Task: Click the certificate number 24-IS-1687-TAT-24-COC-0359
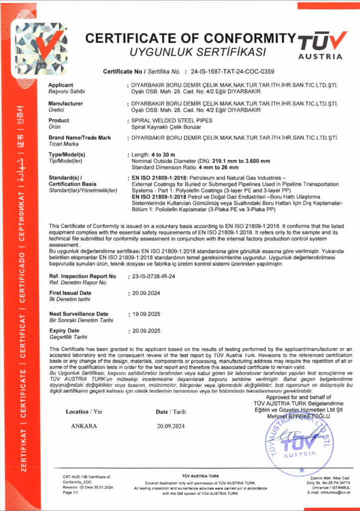(229, 71)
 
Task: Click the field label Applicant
(61, 85)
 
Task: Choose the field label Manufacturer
(65, 103)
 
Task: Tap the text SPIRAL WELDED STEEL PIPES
(171, 121)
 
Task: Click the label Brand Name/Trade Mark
(80, 137)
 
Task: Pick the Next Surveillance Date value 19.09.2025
(145, 314)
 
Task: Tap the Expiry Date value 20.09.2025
(145, 331)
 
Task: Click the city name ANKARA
(84, 426)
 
